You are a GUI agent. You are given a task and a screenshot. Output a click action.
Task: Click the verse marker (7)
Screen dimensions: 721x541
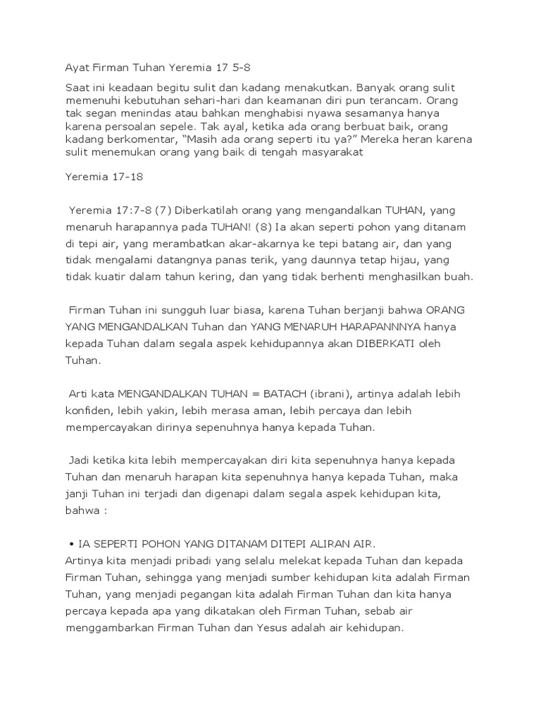click(x=162, y=209)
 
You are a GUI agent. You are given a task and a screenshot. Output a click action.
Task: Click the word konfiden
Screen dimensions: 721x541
click(x=87, y=410)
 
